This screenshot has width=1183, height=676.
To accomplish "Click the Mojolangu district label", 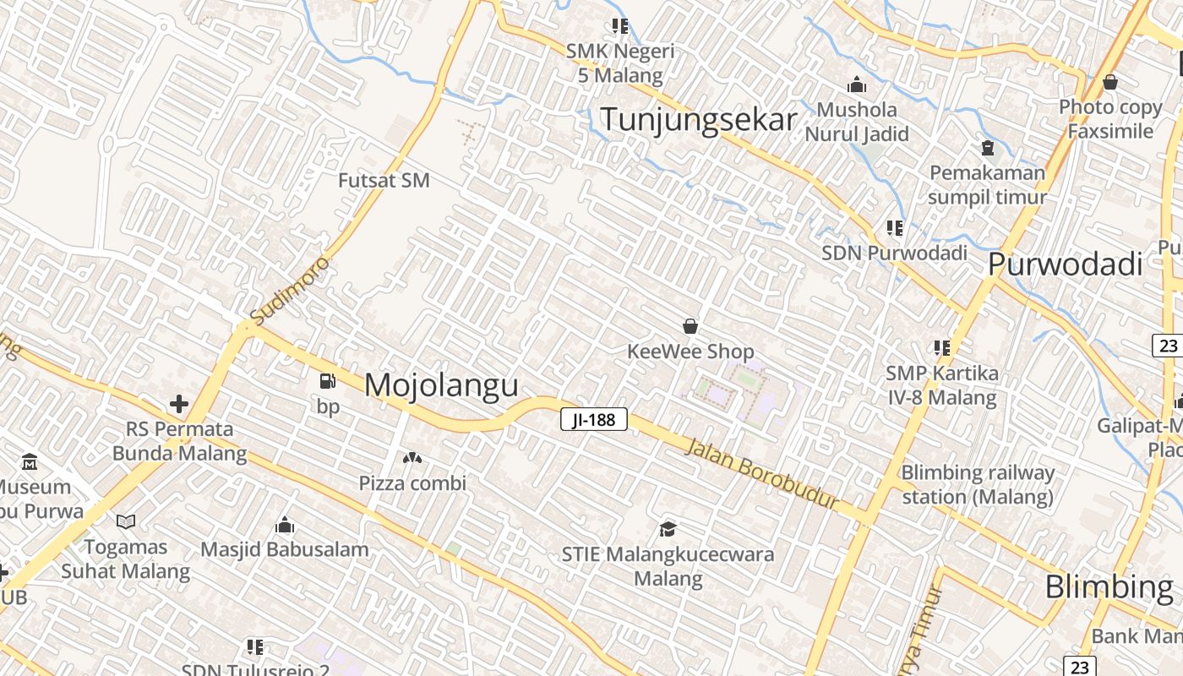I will pos(441,385).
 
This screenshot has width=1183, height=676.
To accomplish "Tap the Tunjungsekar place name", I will pos(698,119).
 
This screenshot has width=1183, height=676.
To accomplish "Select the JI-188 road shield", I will pos(594,418).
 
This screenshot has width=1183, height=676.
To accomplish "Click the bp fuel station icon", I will pos(327,382).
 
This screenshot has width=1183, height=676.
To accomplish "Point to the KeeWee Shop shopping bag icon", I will pos(690,326).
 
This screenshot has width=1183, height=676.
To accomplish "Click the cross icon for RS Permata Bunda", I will pos(178,404).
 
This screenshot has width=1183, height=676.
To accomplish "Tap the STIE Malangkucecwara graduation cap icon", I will pos(668,529).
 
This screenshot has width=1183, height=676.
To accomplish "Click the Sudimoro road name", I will pos(291,290).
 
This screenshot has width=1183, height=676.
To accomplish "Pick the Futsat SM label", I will pos(384,180).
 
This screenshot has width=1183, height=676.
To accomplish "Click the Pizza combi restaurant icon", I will pos(412,458).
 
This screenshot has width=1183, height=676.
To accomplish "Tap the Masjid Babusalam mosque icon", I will pos(285,525).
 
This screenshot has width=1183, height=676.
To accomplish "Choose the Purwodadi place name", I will pos(1065,264).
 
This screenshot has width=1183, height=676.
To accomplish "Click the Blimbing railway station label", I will pos(978,484).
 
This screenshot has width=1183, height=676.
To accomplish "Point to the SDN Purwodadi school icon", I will pos(895,227).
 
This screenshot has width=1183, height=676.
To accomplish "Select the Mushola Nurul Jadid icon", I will pos(857,84).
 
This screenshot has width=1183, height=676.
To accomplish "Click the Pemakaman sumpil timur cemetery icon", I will pos(987,148).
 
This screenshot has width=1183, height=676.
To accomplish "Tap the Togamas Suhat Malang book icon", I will pos(126,521).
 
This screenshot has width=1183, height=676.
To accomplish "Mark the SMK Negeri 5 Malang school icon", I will pos(620,26).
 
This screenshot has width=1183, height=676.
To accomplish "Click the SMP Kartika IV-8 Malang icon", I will pos(942,347).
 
